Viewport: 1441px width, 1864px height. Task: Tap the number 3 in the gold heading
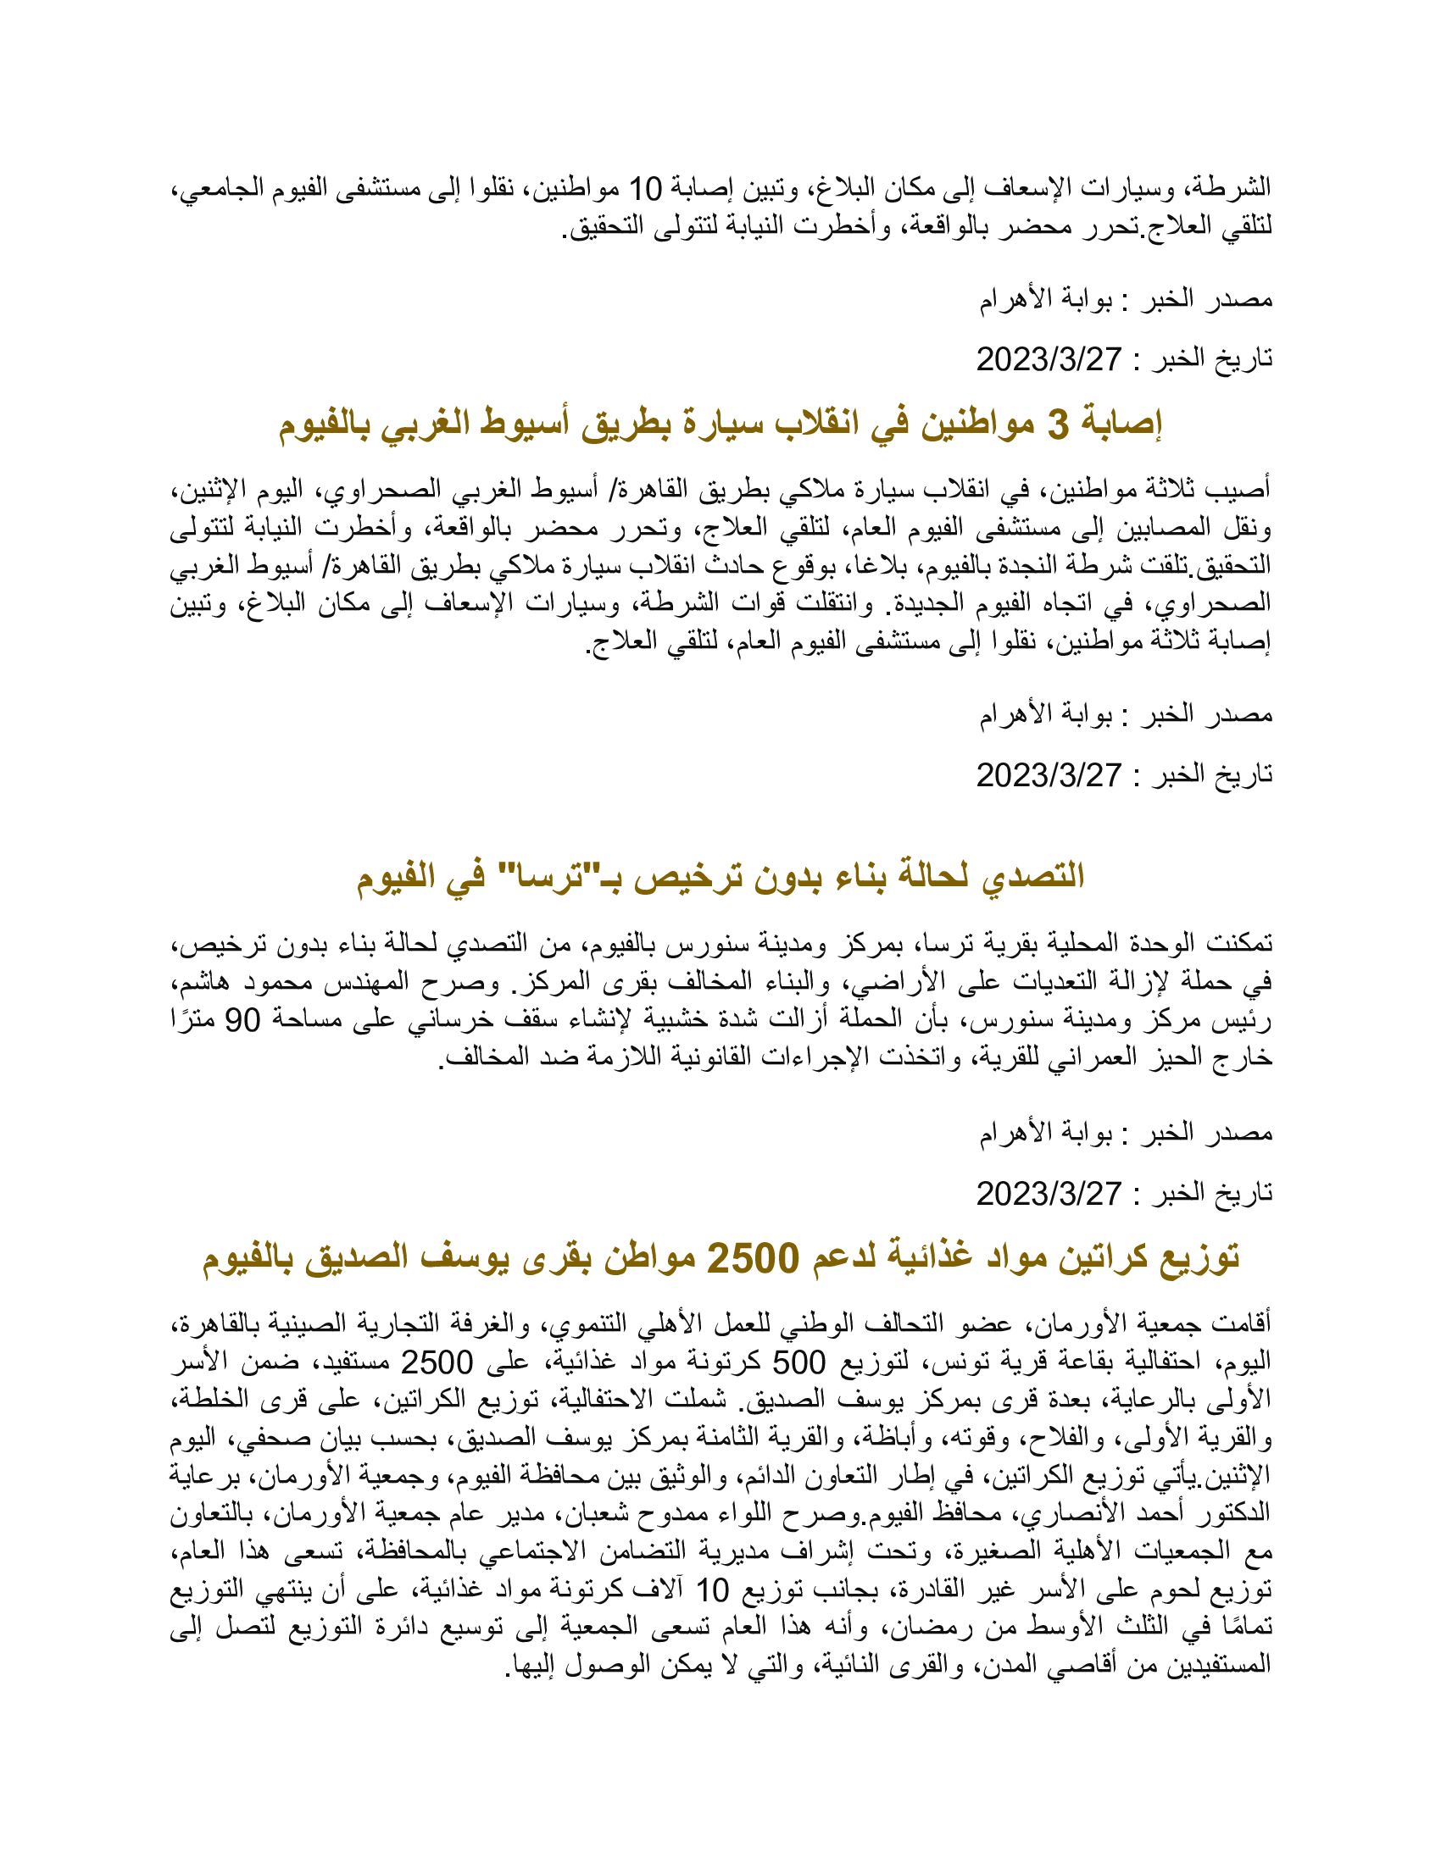(1058, 424)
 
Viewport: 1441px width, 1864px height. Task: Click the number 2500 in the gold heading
(753, 1257)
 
